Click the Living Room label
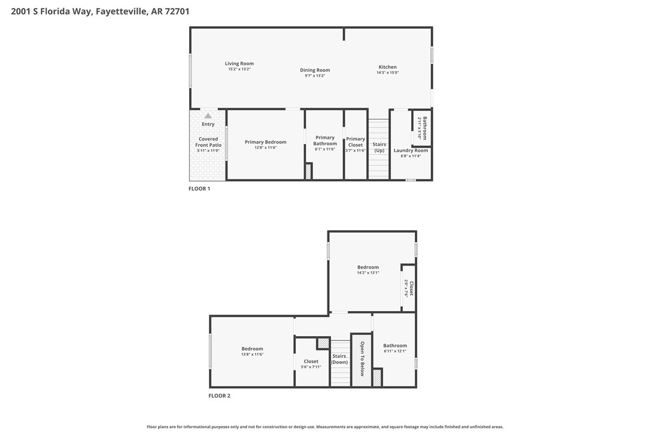click(239, 63)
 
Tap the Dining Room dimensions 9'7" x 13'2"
click(315, 76)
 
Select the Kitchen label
click(387, 67)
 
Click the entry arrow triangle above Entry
click(208, 115)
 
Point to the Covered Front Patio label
click(208, 142)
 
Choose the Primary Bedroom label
click(265, 142)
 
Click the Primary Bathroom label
click(325, 141)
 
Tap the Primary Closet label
click(356, 142)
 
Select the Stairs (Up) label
click(379, 147)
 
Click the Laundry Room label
click(411, 150)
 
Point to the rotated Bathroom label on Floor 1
click(424, 127)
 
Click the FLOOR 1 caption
click(199, 189)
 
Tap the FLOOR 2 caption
click(219, 396)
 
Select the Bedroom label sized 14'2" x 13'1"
click(368, 267)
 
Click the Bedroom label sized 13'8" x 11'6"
click(252, 349)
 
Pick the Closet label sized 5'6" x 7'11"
click(311, 361)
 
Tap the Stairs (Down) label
click(339, 359)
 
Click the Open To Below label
click(362, 359)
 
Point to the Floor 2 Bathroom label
click(395, 345)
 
